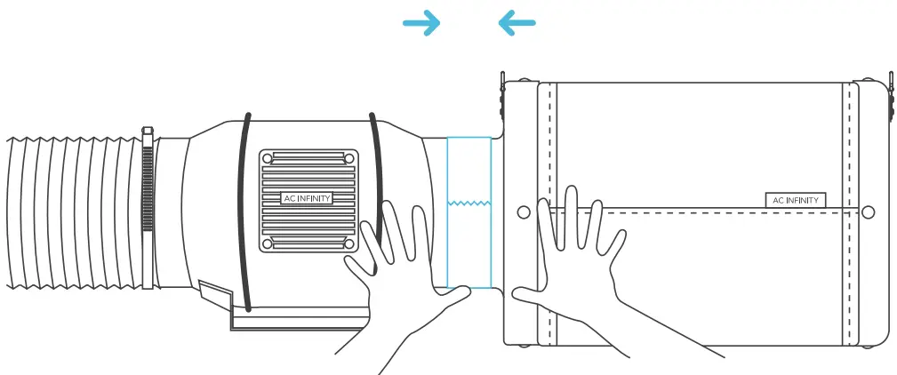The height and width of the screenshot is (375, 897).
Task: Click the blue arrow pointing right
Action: point(421,24)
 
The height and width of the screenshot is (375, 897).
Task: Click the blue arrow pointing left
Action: point(517,24)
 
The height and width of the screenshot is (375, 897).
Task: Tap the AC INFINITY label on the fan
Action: point(306,198)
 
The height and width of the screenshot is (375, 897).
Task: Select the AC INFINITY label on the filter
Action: point(795,200)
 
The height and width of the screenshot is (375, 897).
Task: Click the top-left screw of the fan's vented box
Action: point(267,157)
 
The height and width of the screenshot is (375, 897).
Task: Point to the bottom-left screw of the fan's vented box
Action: point(267,243)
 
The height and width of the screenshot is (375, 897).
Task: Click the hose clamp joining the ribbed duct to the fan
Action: point(148,210)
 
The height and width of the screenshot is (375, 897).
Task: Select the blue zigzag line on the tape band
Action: point(469,203)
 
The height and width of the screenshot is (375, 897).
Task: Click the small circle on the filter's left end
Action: point(524,212)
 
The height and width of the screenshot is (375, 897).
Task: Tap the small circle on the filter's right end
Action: point(869,212)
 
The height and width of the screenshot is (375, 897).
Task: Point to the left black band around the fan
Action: point(242,213)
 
